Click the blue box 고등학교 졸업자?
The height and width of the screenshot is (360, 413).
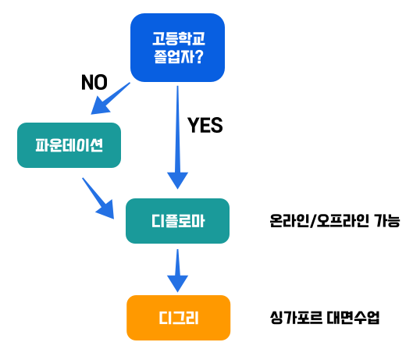tap(177, 48)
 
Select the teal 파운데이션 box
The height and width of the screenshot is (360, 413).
tap(69, 145)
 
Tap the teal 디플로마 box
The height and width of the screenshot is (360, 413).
tap(177, 221)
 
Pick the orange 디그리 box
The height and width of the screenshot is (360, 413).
tap(179, 318)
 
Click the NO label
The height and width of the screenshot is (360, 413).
tap(94, 82)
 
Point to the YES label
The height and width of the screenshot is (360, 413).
tap(205, 125)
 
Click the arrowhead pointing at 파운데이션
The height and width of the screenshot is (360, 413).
tap(100, 106)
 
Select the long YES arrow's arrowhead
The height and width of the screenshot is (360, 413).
tap(177, 180)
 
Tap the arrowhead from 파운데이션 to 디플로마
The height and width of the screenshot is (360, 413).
tap(106, 210)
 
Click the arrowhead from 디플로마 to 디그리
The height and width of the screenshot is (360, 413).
tap(177, 283)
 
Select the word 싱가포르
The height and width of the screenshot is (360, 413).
tap(296, 318)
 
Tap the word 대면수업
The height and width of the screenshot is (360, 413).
tap(353, 318)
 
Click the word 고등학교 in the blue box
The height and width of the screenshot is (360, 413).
tap(179, 38)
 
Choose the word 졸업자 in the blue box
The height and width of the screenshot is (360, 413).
tap(173, 56)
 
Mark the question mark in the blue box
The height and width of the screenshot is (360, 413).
tap(199, 56)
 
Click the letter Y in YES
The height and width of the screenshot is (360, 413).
tap(193, 125)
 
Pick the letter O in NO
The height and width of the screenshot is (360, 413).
tap(101, 82)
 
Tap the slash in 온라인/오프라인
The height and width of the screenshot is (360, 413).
tap(313, 221)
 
